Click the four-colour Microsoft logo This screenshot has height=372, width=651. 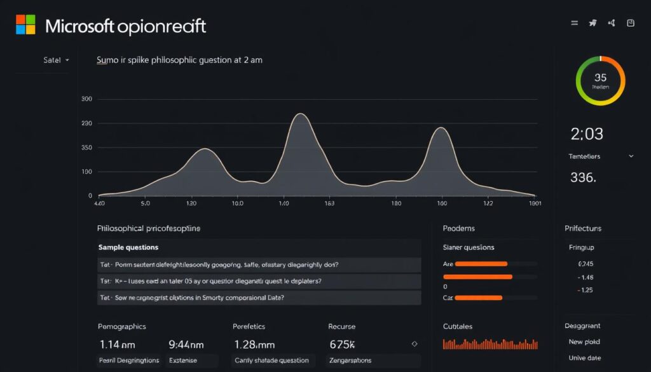coord(26,25)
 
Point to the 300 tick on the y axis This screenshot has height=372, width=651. coord(87,99)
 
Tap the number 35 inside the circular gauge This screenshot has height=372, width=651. coord(600,78)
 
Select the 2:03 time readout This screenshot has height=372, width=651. coord(587,134)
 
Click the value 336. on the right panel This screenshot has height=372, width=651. coord(583,178)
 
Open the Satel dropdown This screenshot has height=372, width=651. coord(56,60)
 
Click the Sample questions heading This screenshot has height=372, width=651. coord(128,247)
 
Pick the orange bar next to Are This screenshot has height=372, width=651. coord(481,263)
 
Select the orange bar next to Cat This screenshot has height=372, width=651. coord(479,298)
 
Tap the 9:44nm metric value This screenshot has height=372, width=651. coord(186,344)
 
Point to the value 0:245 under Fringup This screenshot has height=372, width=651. coord(585,264)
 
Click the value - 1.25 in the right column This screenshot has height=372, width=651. coord(585,290)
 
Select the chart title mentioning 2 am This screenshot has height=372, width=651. coord(179,60)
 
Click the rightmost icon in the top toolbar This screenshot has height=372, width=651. coord(631,23)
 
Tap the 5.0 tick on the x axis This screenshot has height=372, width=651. coord(145,203)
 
